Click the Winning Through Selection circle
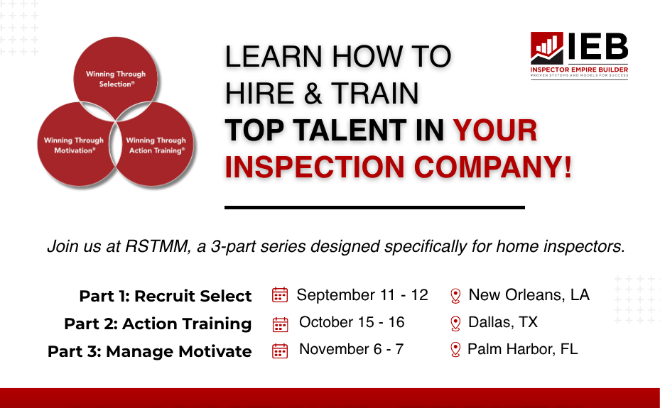coord(116,79)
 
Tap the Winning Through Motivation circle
coord(74,145)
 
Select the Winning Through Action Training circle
coord(156,145)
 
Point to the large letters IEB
coord(598,46)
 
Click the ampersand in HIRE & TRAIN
coord(313,93)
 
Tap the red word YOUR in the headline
coord(495,131)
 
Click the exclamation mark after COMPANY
coord(568,167)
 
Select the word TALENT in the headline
coord(350,131)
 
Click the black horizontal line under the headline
coord(374,207)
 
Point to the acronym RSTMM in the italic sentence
coord(158,246)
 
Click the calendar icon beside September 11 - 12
coord(280,295)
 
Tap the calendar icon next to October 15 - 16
coord(281,324)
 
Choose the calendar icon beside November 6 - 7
coord(280,351)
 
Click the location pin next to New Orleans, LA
coord(455,296)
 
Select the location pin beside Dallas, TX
coord(455,324)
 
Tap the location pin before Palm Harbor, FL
coord(455,350)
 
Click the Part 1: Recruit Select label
coord(166,296)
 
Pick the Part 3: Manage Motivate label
coord(149,351)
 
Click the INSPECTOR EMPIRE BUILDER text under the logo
coord(579,70)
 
